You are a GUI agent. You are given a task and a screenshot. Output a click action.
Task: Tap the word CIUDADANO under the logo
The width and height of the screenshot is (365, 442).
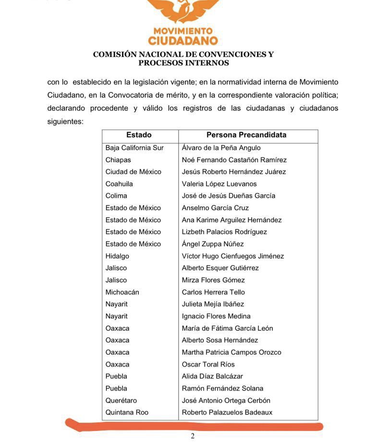183,40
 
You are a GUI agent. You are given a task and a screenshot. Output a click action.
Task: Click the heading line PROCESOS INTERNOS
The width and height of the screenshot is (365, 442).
183,63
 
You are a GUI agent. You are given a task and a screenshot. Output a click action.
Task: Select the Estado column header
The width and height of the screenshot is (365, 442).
139,135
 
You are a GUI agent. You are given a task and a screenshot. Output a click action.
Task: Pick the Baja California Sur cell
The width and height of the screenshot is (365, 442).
134,148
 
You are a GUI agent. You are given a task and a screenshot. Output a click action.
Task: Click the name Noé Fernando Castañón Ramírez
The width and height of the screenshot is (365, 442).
234,160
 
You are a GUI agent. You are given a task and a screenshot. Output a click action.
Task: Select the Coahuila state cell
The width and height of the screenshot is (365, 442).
119,184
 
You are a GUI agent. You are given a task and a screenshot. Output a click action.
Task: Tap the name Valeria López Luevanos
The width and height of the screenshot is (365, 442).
219,184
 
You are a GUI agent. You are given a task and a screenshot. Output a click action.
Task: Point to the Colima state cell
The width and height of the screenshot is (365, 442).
116,196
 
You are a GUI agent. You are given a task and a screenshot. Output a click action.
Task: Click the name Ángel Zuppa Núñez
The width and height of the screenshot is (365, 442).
213,244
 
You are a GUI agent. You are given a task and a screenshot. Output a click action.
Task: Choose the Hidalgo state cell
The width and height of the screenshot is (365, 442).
117,256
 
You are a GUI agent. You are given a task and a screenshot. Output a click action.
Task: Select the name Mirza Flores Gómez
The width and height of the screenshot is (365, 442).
213,280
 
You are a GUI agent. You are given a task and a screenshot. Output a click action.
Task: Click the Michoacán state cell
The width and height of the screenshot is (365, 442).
122,292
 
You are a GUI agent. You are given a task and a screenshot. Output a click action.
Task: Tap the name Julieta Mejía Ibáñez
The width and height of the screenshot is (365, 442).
213,304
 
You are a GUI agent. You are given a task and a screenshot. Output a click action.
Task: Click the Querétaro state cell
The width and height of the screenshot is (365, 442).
121,400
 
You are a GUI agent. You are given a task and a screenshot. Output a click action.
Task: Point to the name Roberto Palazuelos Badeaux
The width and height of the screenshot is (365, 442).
227,412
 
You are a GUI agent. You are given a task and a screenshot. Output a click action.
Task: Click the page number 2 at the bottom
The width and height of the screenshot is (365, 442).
193,436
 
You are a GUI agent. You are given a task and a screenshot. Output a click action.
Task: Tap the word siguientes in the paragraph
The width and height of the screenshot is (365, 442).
65,121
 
